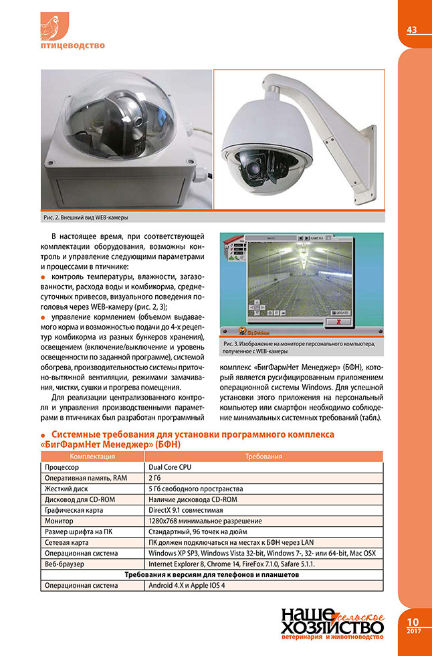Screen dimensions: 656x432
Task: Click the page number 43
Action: [412, 29]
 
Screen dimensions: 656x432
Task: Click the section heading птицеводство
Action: [73, 46]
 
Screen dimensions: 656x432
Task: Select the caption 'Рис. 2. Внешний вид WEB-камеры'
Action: [85, 218]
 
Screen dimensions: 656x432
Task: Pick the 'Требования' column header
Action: [262, 456]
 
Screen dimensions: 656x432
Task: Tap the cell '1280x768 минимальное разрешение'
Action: [200, 521]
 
